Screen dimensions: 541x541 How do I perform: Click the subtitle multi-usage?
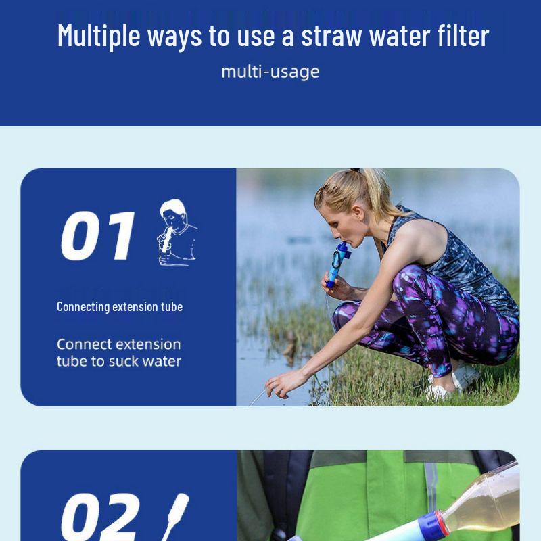pyautogui.click(x=270, y=72)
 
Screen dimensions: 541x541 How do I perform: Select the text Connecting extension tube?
pyautogui.click(x=119, y=307)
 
